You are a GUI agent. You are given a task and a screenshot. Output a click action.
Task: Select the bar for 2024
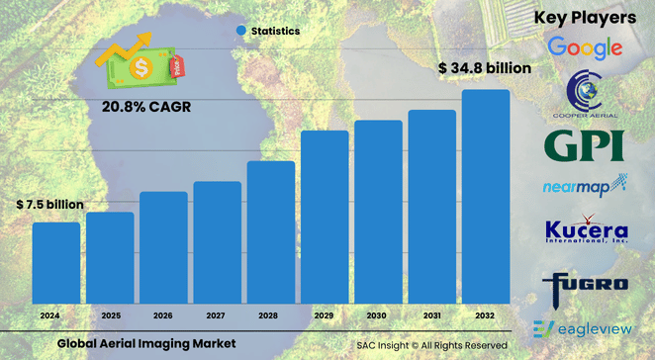coord(56,262)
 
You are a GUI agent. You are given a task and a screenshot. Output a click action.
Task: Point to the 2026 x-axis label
coord(163,315)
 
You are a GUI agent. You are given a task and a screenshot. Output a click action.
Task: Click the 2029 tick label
coord(325,315)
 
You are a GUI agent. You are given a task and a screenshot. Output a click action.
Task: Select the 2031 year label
coord(432,315)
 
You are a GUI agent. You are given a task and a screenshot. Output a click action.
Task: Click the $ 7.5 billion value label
coord(49,205)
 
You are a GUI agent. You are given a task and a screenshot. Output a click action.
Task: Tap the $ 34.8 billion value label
coord(485,68)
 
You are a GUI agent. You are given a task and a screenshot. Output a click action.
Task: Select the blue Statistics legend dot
coord(240,32)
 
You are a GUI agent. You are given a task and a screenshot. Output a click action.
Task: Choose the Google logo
coord(585,46)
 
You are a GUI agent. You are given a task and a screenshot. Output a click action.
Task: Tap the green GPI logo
coord(585,145)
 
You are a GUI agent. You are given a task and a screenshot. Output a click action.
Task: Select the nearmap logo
coord(585,185)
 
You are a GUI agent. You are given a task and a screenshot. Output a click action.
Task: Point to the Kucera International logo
coord(586,231)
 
